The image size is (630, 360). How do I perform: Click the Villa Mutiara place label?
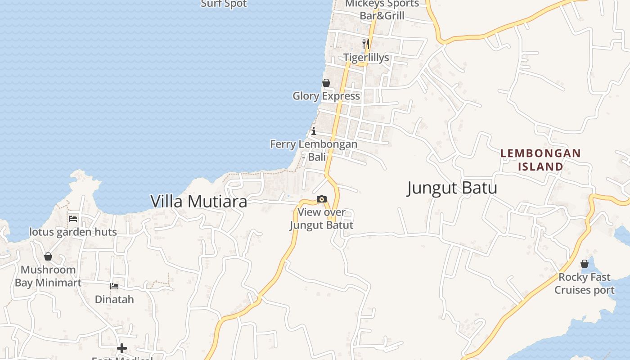tap(198, 201)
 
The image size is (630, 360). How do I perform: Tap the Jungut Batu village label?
tap(452, 188)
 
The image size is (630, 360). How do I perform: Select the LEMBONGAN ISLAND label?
tap(540, 160)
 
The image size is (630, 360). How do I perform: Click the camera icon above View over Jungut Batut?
tap(321, 199)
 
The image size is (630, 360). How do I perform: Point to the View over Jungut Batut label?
tap(321, 219)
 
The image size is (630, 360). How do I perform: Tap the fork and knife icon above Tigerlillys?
tap(366, 44)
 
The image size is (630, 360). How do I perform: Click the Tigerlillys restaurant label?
tap(366, 58)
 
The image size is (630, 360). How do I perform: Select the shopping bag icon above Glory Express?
tap(326, 83)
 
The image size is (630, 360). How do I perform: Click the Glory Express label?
tap(326, 96)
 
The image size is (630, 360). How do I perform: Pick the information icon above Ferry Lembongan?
tap(314, 131)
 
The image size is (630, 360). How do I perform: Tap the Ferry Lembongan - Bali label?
tap(314, 150)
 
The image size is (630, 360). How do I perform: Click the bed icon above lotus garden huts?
tap(73, 219)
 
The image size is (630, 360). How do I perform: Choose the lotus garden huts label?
tap(73, 232)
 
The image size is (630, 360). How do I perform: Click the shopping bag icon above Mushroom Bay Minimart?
tap(48, 256)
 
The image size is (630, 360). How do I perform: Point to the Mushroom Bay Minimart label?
tap(48, 276)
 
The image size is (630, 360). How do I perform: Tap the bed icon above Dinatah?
tap(114, 286)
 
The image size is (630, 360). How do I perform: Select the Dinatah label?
tap(114, 299)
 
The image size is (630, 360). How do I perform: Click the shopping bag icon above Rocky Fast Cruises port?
tap(585, 264)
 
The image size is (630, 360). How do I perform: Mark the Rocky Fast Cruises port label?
tap(585, 283)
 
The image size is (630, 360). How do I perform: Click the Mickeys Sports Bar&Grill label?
tap(382, 9)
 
